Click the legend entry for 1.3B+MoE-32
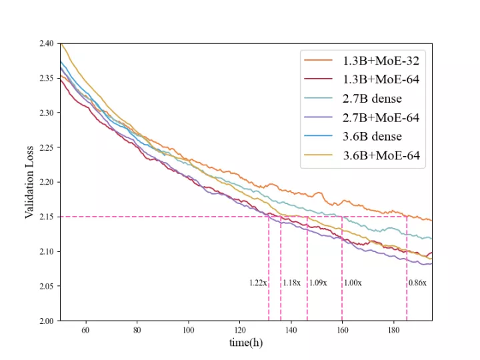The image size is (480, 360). point(380,60)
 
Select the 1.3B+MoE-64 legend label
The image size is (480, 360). point(380,79)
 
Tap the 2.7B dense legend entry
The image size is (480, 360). point(372,99)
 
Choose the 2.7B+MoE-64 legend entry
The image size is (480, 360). point(380,118)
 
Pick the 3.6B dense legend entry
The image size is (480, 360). point(372,137)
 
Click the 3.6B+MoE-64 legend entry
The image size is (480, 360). point(380,156)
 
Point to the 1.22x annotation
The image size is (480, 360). point(258,283)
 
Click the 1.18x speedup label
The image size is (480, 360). point(292,283)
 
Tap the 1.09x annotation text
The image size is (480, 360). point(318,283)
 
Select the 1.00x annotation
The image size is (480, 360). point(353,283)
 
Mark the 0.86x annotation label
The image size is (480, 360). point(417,283)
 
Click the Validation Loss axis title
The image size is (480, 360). point(29,182)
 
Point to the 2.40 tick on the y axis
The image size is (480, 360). point(46,43)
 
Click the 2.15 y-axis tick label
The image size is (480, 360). point(46,217)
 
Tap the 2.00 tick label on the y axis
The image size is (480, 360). point(46,321)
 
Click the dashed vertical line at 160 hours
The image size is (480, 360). point(342,267)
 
